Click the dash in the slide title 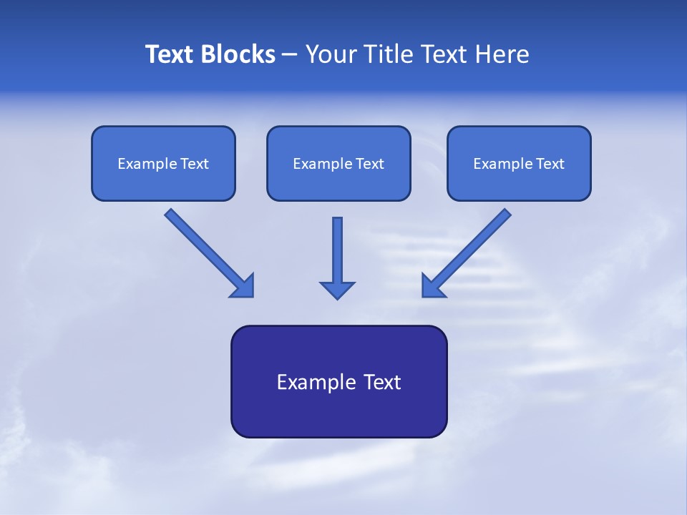[x=290, y=55]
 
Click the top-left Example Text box [x=163, y=163]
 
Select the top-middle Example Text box [x=338, y=163]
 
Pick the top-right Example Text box [x=519, y=163]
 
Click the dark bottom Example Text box [x=338, y=381]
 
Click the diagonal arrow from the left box [x=204, y=247]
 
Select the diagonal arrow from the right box [x=472, y=247]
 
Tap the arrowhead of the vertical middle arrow [x=337, y=290]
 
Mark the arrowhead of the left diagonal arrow [x=243, y=286]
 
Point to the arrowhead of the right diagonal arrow [x=432, y=286]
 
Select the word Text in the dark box [x=383, y=382]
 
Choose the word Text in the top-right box [x=550, y=164]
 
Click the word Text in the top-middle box [x=370, y=164]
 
